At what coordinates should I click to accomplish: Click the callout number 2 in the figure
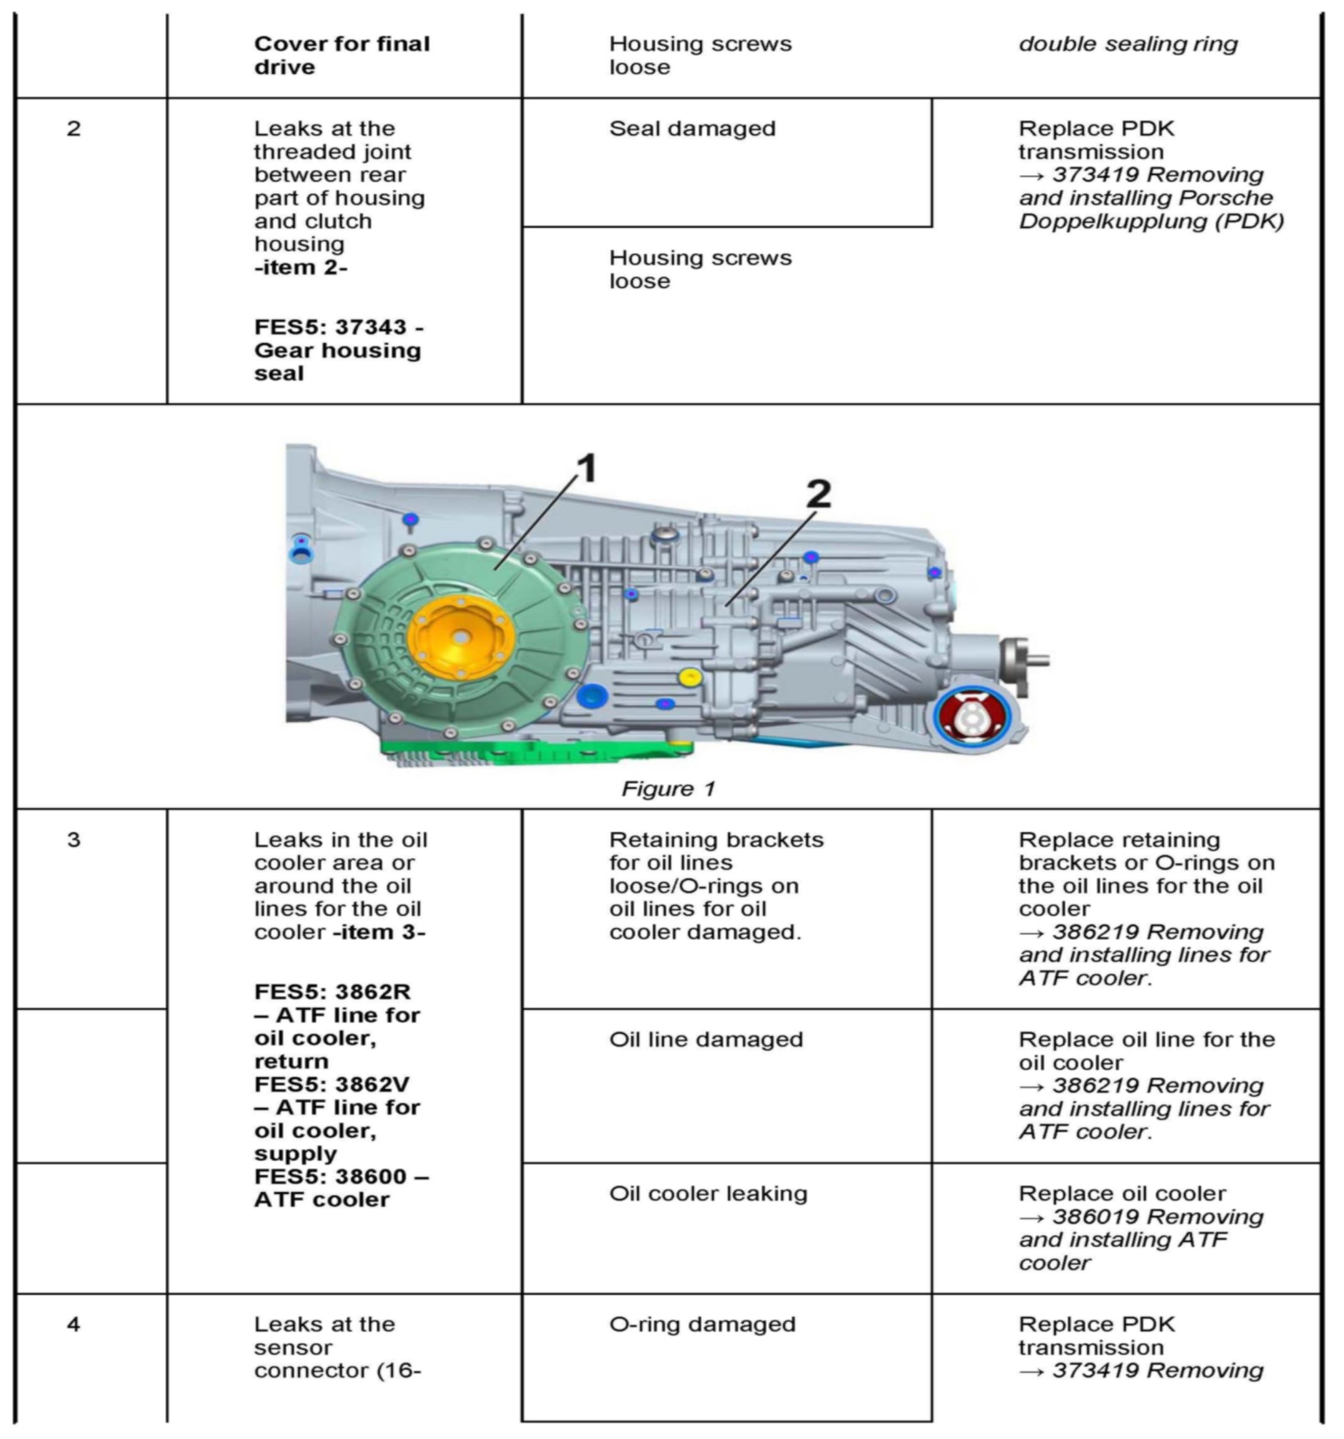(818, 494)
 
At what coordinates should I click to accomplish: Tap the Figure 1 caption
(668, 788)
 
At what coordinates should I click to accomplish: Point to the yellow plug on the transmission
(690, 677)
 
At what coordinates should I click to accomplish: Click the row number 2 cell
(74, 129)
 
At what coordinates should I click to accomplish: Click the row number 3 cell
(74, 840)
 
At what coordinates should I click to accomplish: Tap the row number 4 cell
(74, 1324)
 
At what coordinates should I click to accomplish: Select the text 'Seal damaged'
(692, 129)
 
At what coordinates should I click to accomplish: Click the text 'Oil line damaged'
(705, 1039)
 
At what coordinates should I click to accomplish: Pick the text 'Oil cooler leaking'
(708, 1194)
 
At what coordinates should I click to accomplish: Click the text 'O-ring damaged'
(702, 1324)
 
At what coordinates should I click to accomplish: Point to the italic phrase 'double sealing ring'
(1127, 44)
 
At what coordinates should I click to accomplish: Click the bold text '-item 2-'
(300, 268)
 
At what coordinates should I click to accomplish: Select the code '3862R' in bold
(362, 991)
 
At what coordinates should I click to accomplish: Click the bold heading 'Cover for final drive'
(341, 55)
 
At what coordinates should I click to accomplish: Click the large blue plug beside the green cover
(592, 695)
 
